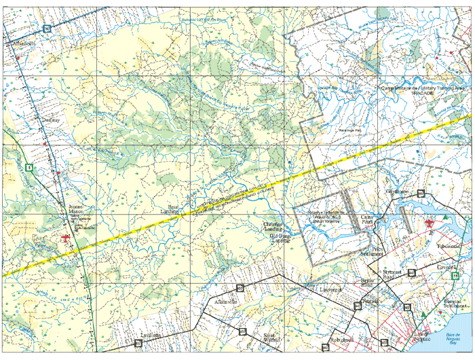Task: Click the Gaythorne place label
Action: point(398,192)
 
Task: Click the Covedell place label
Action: point(450,267)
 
